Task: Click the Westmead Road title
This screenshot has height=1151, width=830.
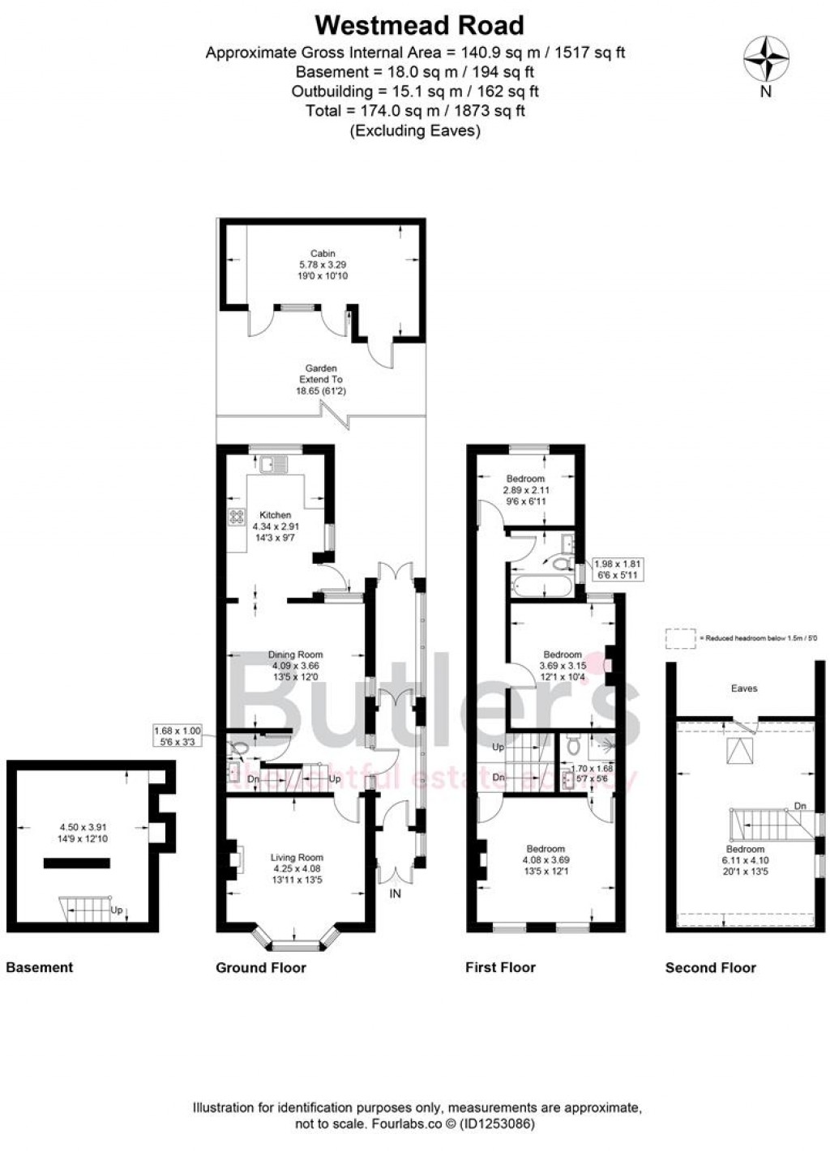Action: (419, 25)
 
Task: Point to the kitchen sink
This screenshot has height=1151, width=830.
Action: (273, 464)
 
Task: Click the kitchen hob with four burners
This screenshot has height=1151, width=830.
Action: (237, 517)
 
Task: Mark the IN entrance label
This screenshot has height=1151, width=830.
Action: (396, 893)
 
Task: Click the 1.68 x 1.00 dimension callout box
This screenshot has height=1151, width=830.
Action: (178, 735)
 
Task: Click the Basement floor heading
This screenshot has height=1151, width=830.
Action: (39, 967)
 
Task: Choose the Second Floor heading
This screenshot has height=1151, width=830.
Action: (710, 967)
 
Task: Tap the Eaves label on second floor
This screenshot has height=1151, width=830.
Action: (743, 688)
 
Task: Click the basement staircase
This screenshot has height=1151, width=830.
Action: (85, 909)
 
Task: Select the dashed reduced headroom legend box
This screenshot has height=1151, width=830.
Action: (681, 638)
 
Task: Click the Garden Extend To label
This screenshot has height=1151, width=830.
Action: (321, 379)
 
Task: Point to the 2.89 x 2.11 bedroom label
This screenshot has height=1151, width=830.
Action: (524, 490)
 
